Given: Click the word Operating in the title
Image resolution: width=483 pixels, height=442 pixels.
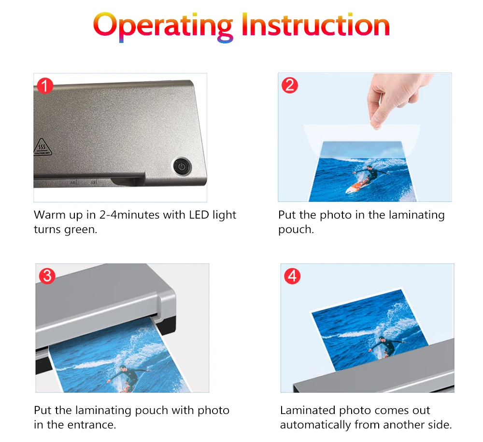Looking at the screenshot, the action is tap(163, 27).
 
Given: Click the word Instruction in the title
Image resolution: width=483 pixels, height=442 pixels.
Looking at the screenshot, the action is tap(316, 25).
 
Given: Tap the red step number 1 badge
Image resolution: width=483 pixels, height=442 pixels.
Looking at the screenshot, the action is tap(45, 85).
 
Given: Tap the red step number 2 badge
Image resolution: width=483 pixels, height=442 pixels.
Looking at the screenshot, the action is tap(289, 85).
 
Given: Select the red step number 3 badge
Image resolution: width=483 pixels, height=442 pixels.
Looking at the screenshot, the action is tap(47, 276).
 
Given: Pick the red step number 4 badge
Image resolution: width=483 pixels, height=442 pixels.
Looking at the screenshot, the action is tap(292, 276).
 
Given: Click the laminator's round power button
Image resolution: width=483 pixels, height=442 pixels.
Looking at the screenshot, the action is tap(182, 167).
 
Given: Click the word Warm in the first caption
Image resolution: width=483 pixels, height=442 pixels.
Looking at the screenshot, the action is tap(49, 215).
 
